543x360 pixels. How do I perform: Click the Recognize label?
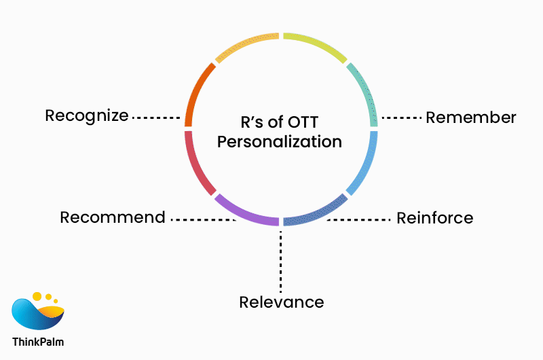coord(86,115)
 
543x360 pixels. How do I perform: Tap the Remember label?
coord(470,117)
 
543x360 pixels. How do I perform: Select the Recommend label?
coord(113,217)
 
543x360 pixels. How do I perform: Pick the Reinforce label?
coord(434,218)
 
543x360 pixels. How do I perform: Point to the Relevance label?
coord(281,302)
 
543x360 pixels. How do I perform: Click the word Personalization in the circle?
coord(284,142)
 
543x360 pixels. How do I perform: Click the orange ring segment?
coord(196,92)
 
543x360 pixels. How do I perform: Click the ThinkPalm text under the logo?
coord(38,342)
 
